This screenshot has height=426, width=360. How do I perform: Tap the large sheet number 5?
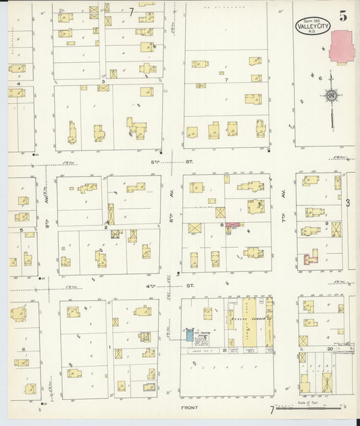[x=344, y=17]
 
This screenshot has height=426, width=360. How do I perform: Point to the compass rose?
[x=331, y=96]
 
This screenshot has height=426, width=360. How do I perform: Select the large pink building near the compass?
[x=344, y=49]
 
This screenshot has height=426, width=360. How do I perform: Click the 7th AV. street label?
[x=284, y=196]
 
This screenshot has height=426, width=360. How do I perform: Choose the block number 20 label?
[x=329, y=348]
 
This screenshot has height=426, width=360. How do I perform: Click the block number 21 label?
[x=224, y=350]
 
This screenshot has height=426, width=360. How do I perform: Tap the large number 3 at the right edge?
[x=348, y=202]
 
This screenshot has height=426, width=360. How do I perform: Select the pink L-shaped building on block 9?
[x=311, y=257]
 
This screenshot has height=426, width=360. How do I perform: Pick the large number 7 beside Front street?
[x=272, y=409]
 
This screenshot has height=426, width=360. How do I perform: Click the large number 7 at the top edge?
[x=130, y=11]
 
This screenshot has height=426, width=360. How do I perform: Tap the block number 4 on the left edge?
[x=19, y=83]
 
